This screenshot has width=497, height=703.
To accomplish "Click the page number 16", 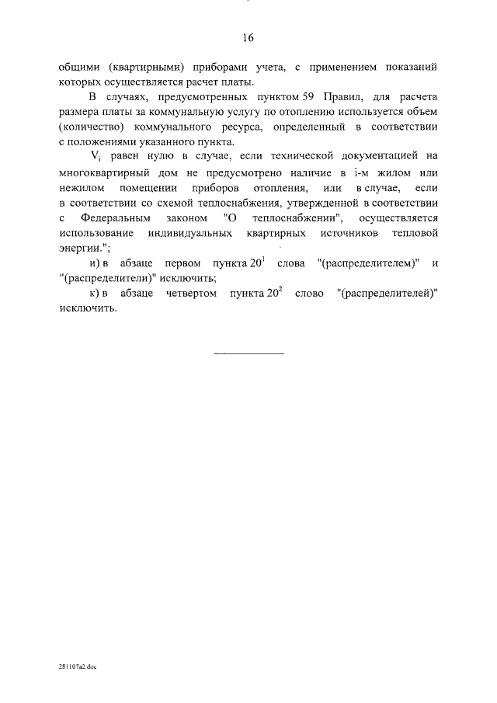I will (x=248, y=38).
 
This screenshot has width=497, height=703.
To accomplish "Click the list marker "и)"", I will (x=95, y=264).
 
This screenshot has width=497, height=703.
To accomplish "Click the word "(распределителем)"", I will (x=368, y=264).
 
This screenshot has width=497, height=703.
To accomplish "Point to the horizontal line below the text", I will (x=248, y=353).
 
